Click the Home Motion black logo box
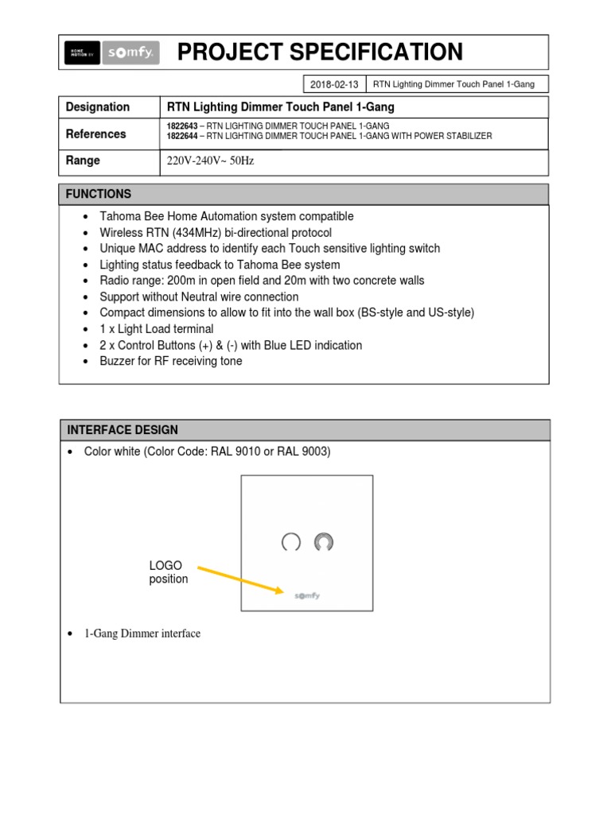coord(82,52)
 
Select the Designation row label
coord(97,107)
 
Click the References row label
coord(95,134)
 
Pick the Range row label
coord(83,161)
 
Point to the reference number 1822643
coord(183,126)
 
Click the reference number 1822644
coord(183,136)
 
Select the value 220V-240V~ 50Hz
coord(210,161)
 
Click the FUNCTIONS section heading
coord(99,194)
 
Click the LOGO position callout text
coord(168,572)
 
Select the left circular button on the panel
coord(291,542)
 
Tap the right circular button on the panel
coord(323,542)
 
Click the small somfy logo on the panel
coord(307,595)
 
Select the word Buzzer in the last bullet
coord(118,361)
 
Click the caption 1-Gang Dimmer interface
coord(142,634)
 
